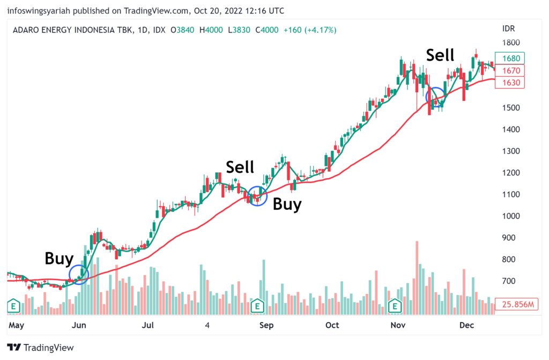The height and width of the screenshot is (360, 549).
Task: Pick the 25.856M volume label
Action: [x=517, y=305]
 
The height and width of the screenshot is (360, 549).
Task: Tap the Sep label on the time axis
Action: [x=267, y=325]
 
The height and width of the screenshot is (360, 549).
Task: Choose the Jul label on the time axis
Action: [x=148, y=325]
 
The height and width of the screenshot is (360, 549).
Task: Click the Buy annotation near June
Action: [x=59, y=259]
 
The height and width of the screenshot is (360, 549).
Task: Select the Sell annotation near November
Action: [x=440, y=55]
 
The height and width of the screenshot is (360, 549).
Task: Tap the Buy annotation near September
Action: [x=287, y=204]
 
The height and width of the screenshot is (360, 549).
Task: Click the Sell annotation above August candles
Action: [x=240, y=167]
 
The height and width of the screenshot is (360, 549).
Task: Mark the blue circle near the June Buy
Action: [x=79, y=275]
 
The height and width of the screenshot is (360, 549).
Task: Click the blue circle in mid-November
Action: [x=435, y=97]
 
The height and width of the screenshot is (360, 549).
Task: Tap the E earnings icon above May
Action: [x=13, y=306]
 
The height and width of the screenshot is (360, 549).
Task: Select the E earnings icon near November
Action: [x=395, y=306]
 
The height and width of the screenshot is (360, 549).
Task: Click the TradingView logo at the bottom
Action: [x=40, y=347]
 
